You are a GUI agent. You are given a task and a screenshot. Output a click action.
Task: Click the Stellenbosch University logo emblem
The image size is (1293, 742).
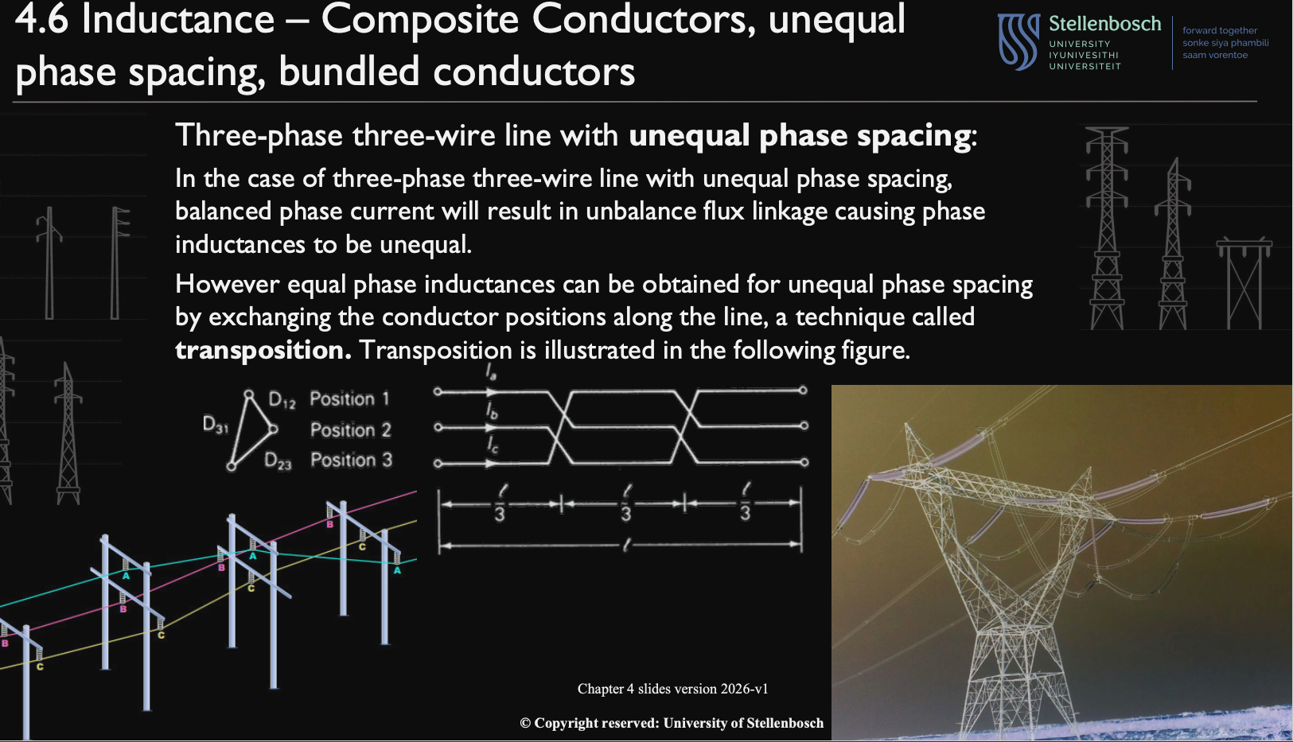pyautogui.click(x=1018, y=42)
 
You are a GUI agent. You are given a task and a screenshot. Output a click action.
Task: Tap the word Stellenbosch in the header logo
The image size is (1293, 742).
pyautogui.click(x=1104, y=24)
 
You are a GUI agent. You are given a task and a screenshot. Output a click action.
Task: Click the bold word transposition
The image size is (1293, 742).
pyautogui.click(x=263, y=350)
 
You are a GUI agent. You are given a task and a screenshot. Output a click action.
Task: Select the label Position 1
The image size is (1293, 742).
pyautogui.click(x=350, y=398)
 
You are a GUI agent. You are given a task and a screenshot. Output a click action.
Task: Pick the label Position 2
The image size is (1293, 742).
pyautogui.click(x=350, y=430)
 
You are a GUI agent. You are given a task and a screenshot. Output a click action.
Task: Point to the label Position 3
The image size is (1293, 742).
pyautogui.click(x=351, y=460)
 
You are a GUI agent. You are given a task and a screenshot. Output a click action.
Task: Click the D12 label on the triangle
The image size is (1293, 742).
pyautogui.click(x=282, y=399)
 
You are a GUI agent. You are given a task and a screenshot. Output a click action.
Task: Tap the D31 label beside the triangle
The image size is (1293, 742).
pyautogui.click(x=216, y=425)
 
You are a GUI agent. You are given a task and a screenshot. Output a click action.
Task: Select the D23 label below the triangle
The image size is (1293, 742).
pyautogui.click(x=278, y=461)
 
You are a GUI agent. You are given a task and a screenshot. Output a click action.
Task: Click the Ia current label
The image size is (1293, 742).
pyautogui.click(x=491, y=372)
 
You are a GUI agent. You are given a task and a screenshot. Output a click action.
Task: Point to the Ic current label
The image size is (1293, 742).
pyautogui.click(x=493, y=445)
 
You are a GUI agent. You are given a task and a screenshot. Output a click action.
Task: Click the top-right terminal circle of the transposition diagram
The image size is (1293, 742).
pyautogui.click(x=803, y=390)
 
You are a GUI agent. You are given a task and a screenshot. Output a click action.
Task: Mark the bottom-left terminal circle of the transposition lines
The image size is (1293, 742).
pyautogui.click(x=438, y=464)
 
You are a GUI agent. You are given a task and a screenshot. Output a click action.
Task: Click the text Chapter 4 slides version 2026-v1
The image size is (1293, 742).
pyautogui.click(x=672, y=689)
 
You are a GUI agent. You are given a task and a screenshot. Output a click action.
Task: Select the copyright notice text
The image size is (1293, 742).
pyautogui.click(x=672, y=723)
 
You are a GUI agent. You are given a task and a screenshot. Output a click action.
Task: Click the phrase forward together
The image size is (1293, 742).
pyautogui.click(x=1220, y=30)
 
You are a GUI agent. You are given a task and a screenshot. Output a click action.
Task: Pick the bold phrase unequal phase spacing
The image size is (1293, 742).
pyautogui.click(x=800, y=136)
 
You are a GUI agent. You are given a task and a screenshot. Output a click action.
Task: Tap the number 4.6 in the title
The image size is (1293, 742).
pyautogui.click(x=41, y=20)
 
